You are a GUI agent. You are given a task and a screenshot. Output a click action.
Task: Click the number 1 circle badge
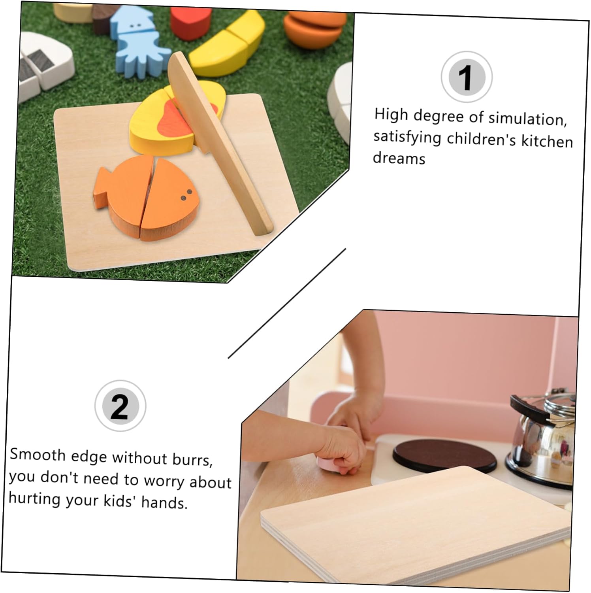click(x=467, y=77)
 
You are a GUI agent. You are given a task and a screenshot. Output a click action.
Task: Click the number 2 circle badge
click(x=120, y=406)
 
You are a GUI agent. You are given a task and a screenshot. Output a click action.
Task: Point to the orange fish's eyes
click(x=186, y=195)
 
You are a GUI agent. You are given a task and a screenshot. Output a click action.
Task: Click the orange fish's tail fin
click(x=103, y=186)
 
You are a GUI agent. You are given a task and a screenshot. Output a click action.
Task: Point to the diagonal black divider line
click(x=287, y=304)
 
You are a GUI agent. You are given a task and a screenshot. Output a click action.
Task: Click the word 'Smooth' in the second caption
click(x=38, y=455)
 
